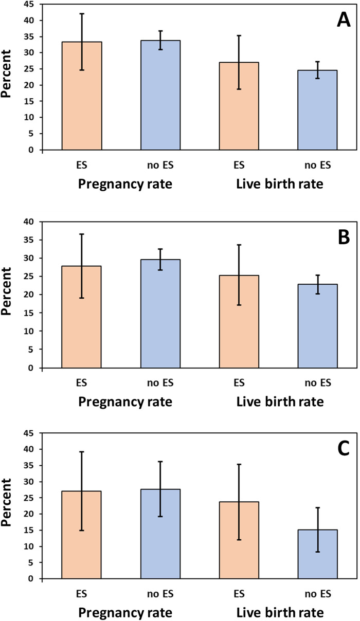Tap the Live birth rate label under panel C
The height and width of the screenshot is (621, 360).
click(280, 612)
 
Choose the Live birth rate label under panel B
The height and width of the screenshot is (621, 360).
click(280, 402)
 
